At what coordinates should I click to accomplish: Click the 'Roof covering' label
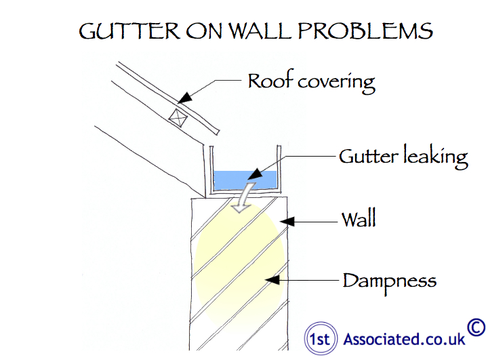(311, 81)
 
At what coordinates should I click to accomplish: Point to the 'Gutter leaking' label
(403, 157)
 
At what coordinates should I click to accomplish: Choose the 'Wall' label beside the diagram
(358, 220)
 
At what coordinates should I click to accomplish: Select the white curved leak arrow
(241, 197)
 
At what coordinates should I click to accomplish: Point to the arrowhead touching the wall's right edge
(287, 220)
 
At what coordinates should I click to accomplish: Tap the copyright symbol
(476, 327)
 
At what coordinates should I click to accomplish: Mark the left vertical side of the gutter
(209, 169)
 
